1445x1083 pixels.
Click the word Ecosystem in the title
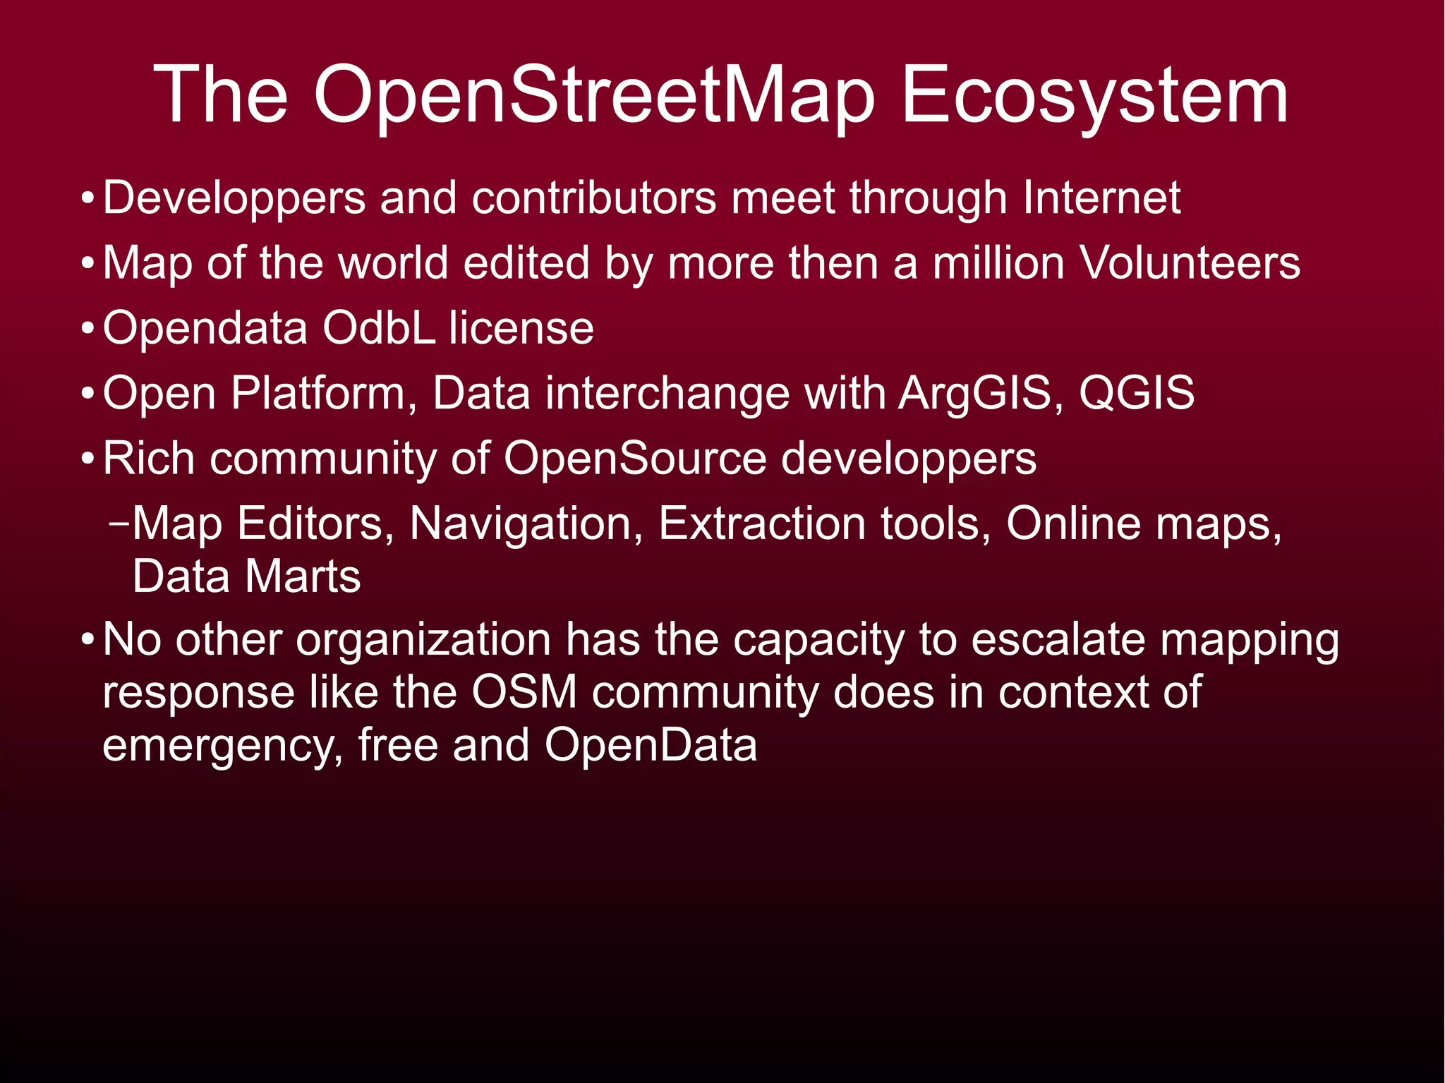coord(1094,96)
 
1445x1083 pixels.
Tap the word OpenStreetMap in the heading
coord(594,96)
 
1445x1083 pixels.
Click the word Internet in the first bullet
coord(1101,198)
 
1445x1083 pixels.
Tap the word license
coord(521,328)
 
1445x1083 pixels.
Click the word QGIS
coord(1137,393)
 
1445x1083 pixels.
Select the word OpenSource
coord(635,459)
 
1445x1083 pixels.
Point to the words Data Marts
coord(246,576)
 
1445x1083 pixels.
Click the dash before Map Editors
coord(119,524)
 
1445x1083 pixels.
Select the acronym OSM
coord(524,692)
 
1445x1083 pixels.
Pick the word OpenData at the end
coord(651,745)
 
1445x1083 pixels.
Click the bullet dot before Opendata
coord(87,329)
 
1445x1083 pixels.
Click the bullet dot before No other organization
coord(87,641)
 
